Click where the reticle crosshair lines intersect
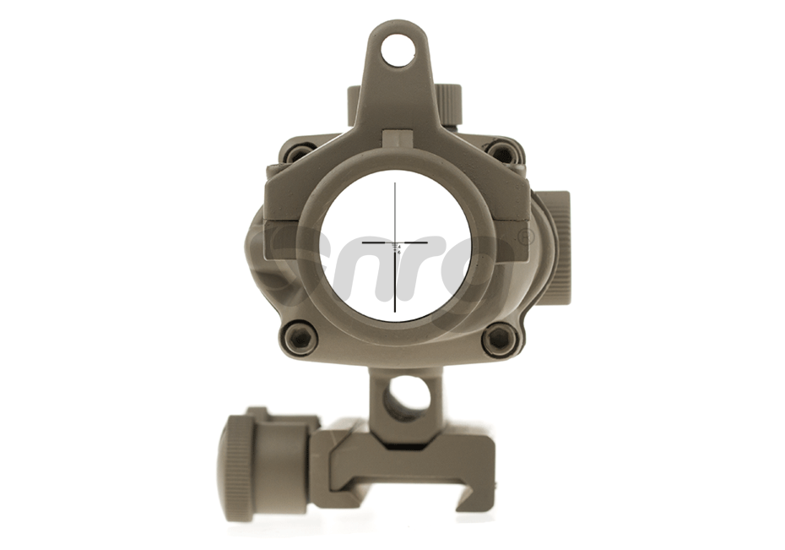[x=395, y=242]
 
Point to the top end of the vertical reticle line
[x=395, y=182]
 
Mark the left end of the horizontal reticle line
[x=362, y=242]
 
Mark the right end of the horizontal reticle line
[x=428, y=242]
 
